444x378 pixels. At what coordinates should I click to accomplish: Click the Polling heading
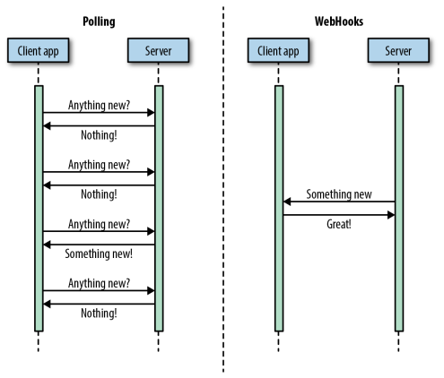pyautogui.click(x=99, y=21)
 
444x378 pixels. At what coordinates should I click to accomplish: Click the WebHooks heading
pyautogui.click(x=339, y=21)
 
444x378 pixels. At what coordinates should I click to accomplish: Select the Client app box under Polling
pyautogui.click(x=39, y=50)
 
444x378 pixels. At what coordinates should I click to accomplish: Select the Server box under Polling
pyautogui.click(x=158, y=50)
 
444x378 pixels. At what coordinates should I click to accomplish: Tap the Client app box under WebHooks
pyautogui.click(x=278, y=50)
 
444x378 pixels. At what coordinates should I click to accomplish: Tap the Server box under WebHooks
pyautogui.click(x=398, y=50)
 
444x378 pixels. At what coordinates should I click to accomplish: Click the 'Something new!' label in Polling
pyautogui.click(x=99, y=253)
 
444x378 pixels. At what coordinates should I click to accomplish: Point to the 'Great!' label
pyautogui.click(x=339, y=224)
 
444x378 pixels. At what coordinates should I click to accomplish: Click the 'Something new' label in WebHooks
pyautogui.click(x=339, y=194)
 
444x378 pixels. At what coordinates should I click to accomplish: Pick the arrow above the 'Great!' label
pyautogui.click(x=339, y=215)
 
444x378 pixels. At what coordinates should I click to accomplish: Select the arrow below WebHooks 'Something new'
pyautogui.click(x=339, y=202)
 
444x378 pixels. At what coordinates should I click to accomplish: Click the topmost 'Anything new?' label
pyautogui.click(x=99, y=106)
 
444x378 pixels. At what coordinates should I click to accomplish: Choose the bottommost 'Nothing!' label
pyautogui.click(x=99, y=314)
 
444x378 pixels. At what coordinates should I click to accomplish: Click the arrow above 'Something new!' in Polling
pyautogui.click(x=99, y=245)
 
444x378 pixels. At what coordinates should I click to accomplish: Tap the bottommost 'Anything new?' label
pyautogui.click(x=99, y=283)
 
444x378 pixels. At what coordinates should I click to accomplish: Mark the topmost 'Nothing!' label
pyautogui.click(x=99, y=135)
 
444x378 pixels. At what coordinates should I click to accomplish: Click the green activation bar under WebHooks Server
pyautogui.click(x=399, y=209)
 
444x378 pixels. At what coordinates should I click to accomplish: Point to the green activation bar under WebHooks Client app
pyautogui.click(x=279, y=209)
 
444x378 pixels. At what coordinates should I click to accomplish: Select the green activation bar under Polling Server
pyautogui.click(x=159, y=209)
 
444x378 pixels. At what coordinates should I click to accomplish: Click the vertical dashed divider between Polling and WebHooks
pyautogui.click(x=223, y=189)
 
